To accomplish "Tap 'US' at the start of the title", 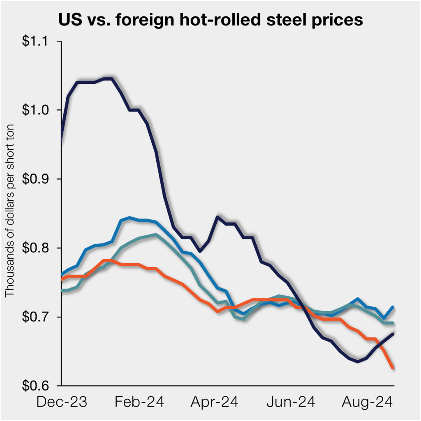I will (x=69, y=20).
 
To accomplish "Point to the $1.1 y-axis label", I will (x=39, y=42).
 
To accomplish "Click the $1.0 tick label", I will (x=39, y=110).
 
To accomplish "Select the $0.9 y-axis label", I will (x=39, y=179).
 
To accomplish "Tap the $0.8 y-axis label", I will (x=39, y=248).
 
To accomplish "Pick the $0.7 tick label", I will (x=39, y=317).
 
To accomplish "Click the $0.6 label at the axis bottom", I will (x=39, y=386).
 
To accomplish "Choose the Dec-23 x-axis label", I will (x=62, y=402).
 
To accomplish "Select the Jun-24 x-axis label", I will (x=292, y=402).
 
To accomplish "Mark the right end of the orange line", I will (x=394, y=368).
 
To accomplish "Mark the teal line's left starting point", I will (x=62, y=290).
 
